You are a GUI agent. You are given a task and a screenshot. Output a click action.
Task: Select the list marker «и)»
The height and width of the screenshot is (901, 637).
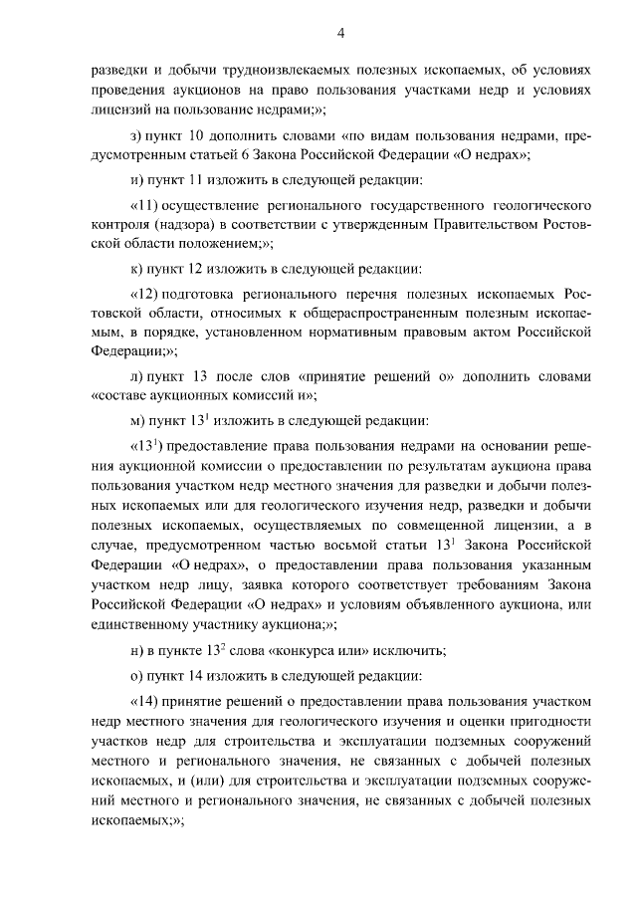(x=137, y=180)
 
